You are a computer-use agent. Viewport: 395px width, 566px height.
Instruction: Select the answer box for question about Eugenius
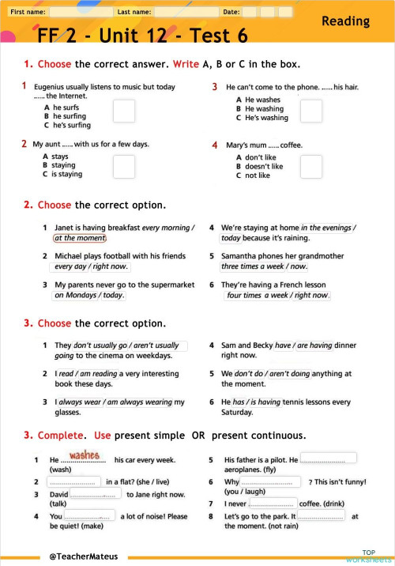point(124,111)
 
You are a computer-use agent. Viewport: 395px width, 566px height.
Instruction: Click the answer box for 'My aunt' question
point(124,167)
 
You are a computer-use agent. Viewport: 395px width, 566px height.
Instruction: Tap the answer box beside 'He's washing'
point(311,111)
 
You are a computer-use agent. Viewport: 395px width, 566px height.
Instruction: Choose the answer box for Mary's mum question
point(311,166)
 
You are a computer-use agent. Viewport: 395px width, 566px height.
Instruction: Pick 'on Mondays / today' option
point(89,295)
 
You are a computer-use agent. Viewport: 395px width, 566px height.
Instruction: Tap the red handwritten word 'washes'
point(85,455)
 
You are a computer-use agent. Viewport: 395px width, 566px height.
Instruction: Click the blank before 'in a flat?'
point(74,481)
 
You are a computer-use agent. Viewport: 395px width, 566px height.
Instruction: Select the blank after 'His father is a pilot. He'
point(328,458)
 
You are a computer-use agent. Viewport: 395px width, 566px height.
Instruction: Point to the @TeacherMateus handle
point(83,557)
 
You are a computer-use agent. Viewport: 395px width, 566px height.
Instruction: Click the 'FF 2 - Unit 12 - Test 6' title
point(142,36)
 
